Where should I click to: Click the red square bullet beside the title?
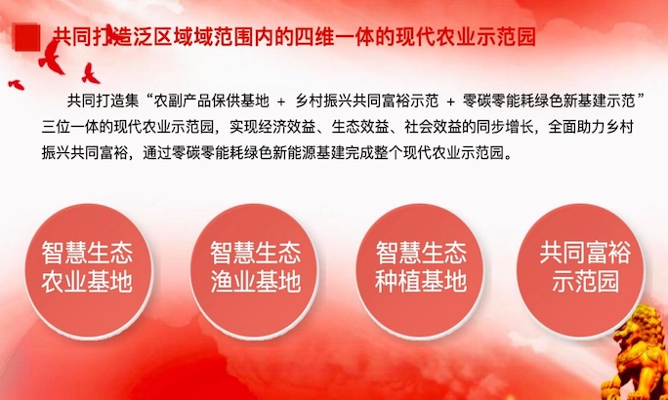click(x=27, y=37)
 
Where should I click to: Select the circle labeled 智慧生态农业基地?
click(x=88, y=271)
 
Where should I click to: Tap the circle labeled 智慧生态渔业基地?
click(x=254, y=271)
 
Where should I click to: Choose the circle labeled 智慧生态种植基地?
click(x=420, y=271)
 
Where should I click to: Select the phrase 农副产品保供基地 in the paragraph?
click(x=211, y=101)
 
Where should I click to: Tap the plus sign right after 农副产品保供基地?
click(x=280, y=101)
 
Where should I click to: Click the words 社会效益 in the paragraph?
click(x=433, y=127)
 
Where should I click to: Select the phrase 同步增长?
click(x=505, y=127)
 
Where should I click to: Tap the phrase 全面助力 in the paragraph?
click(x=577, y=127)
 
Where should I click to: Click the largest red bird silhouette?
click(x=52, y=58)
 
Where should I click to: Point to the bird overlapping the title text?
click(x=110, y=33)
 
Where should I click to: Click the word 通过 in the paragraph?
click(x=157, y=152)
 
